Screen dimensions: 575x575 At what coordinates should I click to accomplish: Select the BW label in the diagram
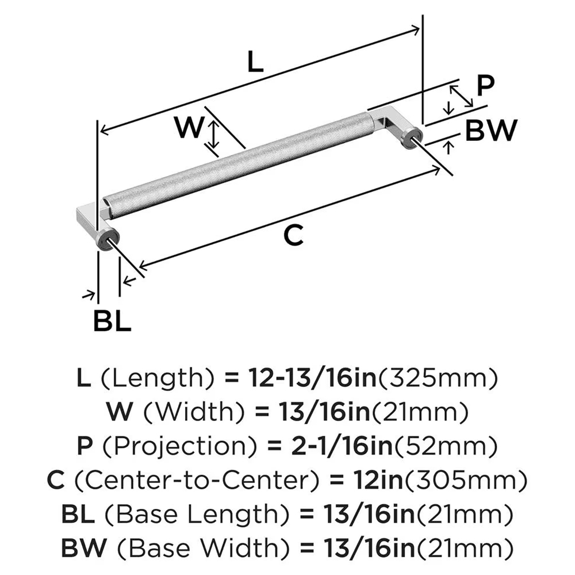click(x=490, y=131)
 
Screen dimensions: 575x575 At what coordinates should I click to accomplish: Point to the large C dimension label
click(x=294, y=236)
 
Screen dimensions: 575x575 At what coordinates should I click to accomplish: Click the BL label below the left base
click(x=113, y=322)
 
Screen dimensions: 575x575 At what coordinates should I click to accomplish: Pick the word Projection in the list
click(x=158, y=445)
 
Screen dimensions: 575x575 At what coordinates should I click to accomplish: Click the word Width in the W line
click(x=179, y=412)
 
